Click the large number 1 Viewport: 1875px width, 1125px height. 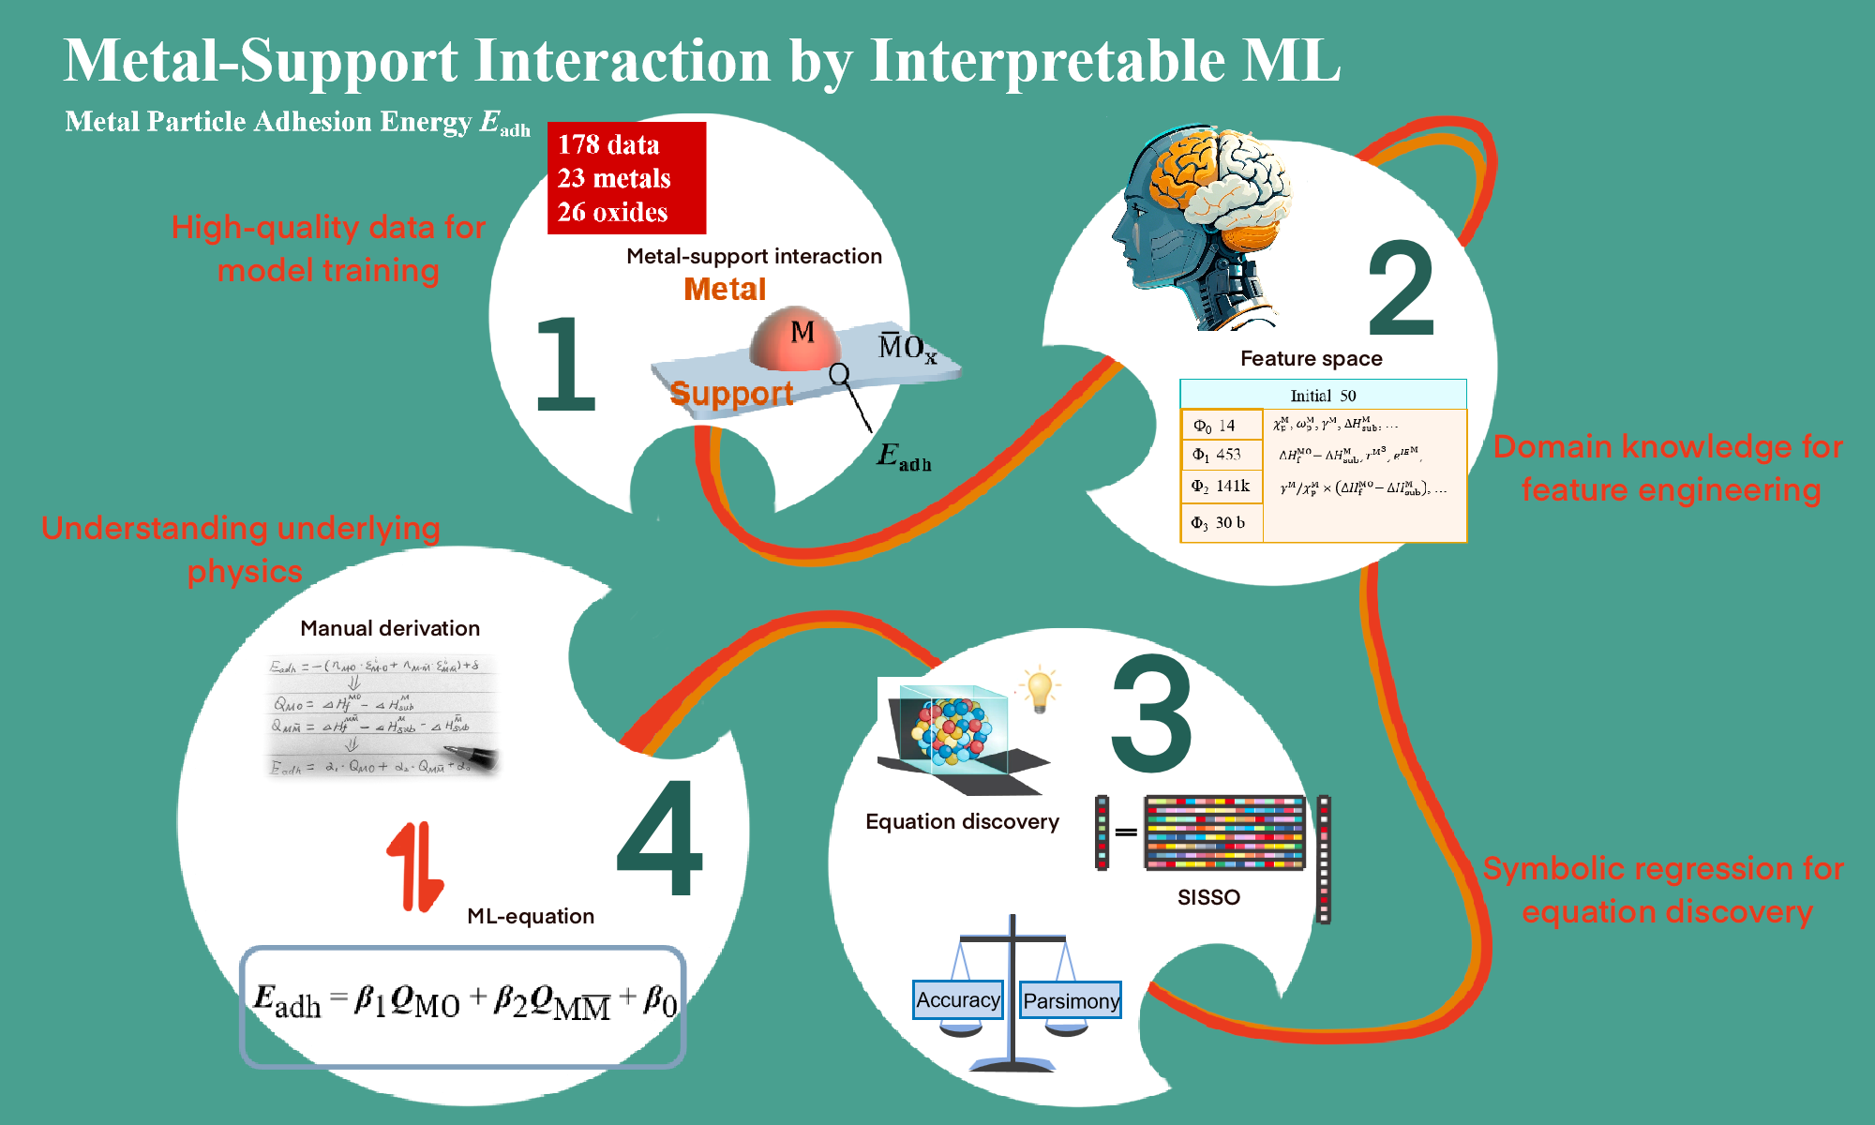tap(564, 366)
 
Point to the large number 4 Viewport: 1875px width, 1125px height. tap(660, 838)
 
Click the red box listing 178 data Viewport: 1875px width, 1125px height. tap(626, 178)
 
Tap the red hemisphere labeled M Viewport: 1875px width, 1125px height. tap(795, 337)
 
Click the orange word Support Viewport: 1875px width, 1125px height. tap(731, 394)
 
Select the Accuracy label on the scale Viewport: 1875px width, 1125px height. tap(957, 1000)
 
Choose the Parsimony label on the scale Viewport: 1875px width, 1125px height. tap(1071, 1001)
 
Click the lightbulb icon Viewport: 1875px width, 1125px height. tap(1039, 690)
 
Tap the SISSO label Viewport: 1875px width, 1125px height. tap(1208, 897)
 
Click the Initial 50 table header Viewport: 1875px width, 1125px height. tap(1323, 395)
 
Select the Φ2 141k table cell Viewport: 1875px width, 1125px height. tap(1221, 487)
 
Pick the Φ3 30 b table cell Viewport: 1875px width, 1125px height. tap(1219, 523)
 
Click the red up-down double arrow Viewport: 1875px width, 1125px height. tap(414, 866)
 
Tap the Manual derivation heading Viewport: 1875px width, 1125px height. tap(390, 628)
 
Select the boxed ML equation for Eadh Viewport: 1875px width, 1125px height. tap(464, 1006)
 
